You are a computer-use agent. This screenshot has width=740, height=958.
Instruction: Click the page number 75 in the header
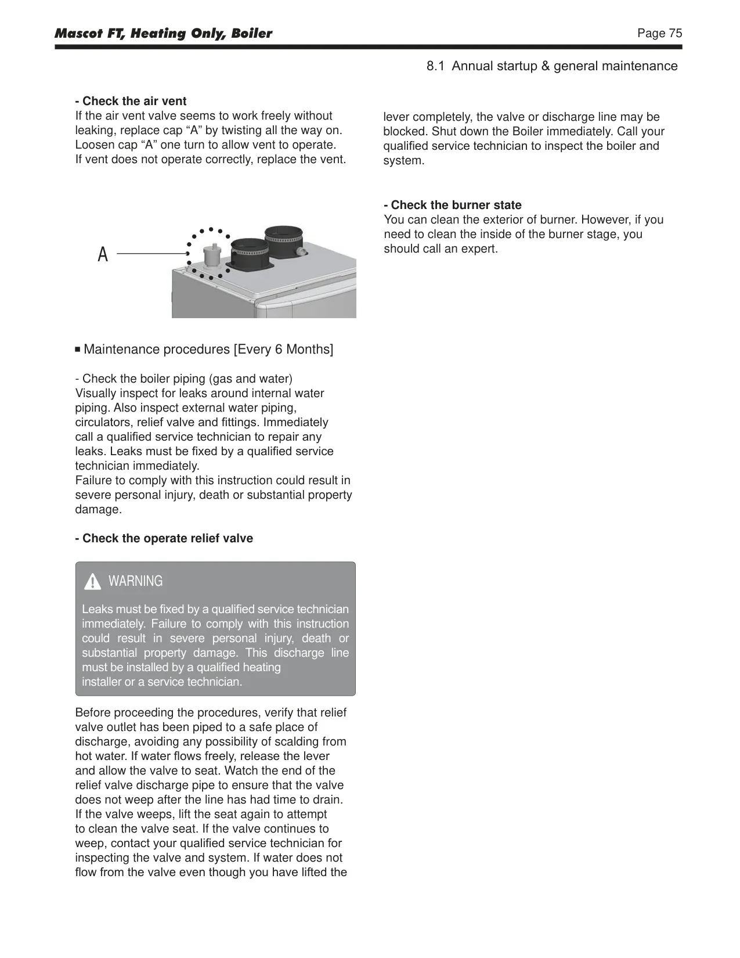(675, 34)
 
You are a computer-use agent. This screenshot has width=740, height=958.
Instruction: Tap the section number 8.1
(435, 66)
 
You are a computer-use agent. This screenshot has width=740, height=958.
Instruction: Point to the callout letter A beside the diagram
(103, 254)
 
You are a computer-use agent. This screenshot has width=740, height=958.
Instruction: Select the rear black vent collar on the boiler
(284, 242)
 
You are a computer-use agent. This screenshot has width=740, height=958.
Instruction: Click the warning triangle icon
(92, 582)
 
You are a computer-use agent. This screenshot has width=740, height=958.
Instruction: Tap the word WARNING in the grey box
(136, 581)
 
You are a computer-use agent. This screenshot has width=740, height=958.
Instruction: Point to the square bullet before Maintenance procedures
(78, 350)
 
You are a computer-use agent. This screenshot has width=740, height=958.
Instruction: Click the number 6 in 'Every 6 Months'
(279, 349)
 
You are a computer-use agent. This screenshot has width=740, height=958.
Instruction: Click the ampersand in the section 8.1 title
(546, 66)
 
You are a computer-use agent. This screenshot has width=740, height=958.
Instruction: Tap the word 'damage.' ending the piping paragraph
(98, 509)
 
